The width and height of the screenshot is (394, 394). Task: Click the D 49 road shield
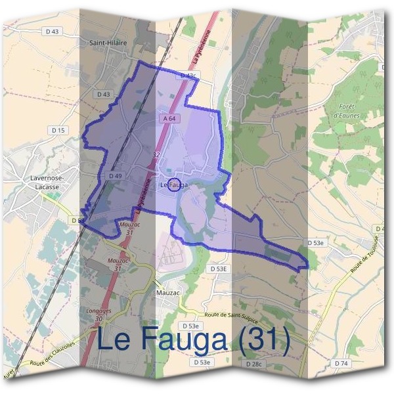click(x=115, y=176)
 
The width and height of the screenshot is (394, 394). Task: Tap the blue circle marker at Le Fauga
click(x=174, y=185)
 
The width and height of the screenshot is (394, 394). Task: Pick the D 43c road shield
click(x=188, y=76)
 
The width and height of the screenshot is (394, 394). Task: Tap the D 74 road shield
click(x=341, y=363)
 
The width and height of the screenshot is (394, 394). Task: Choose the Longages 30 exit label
click(x=98, y=314)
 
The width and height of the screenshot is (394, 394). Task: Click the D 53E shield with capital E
click(x=219, y=269)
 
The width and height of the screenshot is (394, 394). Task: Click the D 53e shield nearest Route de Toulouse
click(x=316, y=243)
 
